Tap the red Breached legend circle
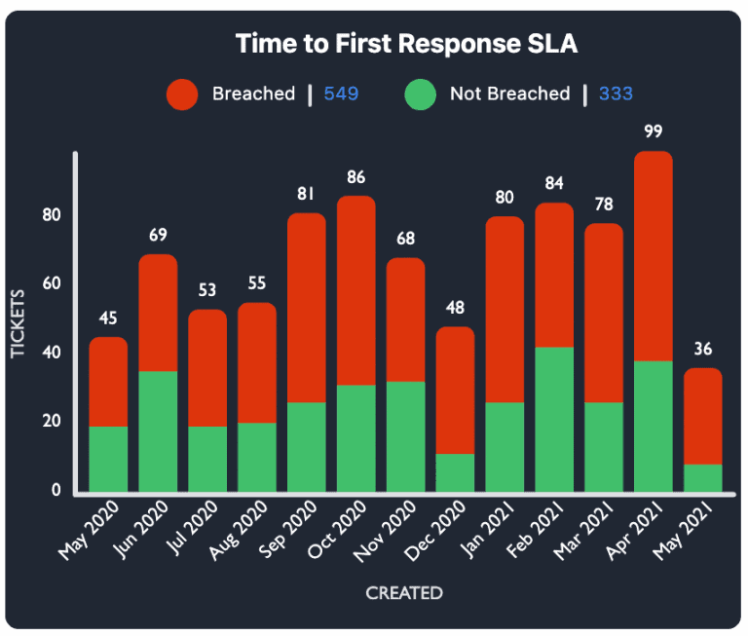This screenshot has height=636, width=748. point(182,94)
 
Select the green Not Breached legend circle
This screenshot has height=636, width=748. point(420,94)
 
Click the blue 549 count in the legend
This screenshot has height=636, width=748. point(341,94)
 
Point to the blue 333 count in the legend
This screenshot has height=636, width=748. point(617,94)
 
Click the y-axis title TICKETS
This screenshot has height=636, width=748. point(19,322)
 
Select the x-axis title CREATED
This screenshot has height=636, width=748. point(403,593)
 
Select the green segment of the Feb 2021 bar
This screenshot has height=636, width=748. point(554,420)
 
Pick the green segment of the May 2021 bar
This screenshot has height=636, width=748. point(703,478)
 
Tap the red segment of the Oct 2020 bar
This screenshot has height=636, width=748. point(355,290)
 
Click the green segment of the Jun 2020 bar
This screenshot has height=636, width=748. point(158,431)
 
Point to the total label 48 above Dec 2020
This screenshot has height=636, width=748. point(455,308)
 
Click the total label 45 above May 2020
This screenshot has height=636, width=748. point(108,318)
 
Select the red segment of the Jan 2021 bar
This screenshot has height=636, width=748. point(505,310)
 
